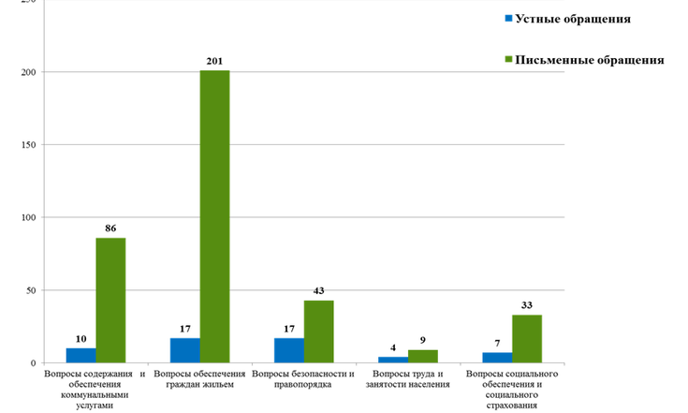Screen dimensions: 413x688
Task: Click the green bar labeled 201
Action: [x=214, y=216]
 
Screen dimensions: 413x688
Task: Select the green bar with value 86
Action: [x=110, y=300]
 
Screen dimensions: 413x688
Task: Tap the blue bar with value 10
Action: [x=81, y=355]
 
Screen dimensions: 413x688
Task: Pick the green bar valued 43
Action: [x=318, y=332]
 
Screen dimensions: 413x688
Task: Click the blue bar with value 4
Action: [x=393, y=360]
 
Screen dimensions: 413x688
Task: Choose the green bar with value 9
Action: [x=423, y=356]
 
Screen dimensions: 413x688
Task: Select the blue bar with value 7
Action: [x=497, y=358]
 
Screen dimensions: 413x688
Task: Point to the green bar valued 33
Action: [x=527, y=338]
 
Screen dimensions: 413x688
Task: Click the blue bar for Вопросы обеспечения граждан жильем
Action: [x=184, y=350]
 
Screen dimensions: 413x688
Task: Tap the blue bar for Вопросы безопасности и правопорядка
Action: [x=289, y=350]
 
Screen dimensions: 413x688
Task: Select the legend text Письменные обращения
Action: [x=590, y=60]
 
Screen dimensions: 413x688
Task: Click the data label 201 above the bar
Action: [x=214, y=61]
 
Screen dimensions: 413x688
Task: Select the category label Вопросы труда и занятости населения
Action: [x=409, y=379]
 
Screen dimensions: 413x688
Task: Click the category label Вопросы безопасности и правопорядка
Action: [x=304, y=379]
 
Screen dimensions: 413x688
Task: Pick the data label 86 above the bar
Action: [x=110, y=228]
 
